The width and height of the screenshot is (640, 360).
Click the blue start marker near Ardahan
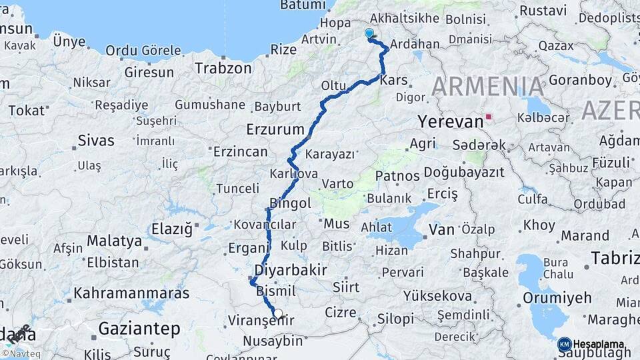coord(369,33)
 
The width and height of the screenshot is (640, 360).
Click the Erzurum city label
coord(275,129)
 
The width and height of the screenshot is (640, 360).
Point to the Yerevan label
coord(450,121)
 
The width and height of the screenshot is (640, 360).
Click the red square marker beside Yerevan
coord(489,117)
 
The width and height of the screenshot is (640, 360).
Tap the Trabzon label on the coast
coord(223,68)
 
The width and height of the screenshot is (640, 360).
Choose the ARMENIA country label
coord(488,87)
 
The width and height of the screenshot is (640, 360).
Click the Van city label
coord(441,230)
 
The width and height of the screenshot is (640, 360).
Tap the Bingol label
coord(290,203)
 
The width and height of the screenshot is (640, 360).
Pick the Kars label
coord(393,80)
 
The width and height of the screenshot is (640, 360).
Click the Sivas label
coord(96,141)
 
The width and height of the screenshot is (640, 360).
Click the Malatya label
coord(114,240)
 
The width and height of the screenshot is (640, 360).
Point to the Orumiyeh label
coord(557,297)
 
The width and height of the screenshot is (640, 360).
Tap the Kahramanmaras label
coord(131,293)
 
